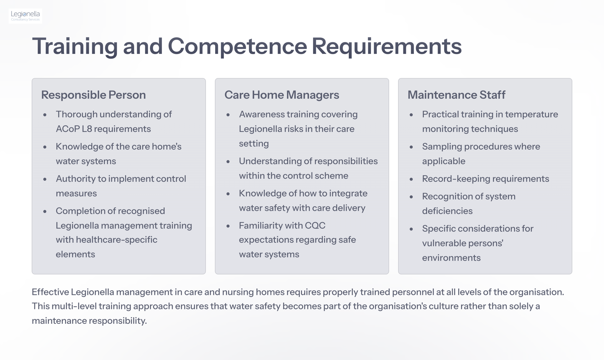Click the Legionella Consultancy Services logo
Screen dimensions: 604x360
tap(25, 16)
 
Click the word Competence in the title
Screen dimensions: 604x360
tap(237, 47)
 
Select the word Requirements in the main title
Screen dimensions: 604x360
tap(387, 47)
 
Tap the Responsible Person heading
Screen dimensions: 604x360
tap(93, 95)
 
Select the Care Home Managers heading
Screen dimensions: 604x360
tap(282, 95)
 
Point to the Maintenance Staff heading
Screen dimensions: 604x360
tap(456, 95)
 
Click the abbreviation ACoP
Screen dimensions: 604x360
tap(68, 129)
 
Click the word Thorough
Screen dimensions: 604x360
tap(76, 115)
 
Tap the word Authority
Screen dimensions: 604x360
tap(75, 179)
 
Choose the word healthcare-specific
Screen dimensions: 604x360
tap(116, 240)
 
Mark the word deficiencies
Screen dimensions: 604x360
tap(447, 211)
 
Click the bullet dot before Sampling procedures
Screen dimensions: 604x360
tap(411, 147)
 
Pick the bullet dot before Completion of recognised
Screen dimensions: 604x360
tap(45, 211)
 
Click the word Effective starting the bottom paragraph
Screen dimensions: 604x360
tap(50, 292)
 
